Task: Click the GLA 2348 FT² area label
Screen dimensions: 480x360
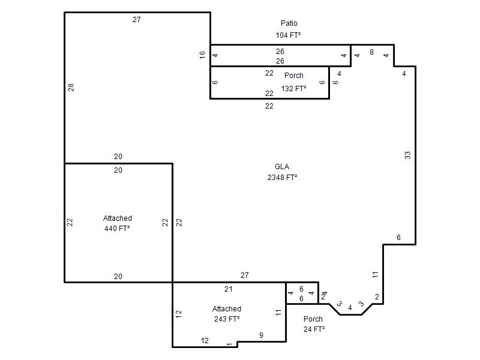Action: click(282, 172)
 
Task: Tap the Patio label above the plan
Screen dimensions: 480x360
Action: click(289, 23)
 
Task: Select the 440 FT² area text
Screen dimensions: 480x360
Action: click(117, 229)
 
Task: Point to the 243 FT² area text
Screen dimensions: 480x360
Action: click(227, 319)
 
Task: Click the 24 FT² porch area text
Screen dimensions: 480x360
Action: click(314, 329)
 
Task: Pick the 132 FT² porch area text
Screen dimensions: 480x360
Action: click(293, 88)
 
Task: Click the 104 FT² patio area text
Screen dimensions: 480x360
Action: click(288, 35)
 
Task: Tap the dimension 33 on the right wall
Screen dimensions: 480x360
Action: click(407, 155)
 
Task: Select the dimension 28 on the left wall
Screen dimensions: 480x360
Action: click(71, 88)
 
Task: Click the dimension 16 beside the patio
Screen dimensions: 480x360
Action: click(202, 55)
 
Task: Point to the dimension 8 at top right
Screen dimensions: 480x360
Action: click(371, 52)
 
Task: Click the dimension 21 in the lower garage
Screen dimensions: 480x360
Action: click(229, 289)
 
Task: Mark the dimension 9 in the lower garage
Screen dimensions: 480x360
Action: click(261, 335)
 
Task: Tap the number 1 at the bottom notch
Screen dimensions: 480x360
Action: click(229, 344)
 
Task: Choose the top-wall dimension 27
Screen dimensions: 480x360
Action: click(137, 20)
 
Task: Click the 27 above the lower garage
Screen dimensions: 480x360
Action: click(245, 275)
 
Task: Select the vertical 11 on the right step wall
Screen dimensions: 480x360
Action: click(376, 275)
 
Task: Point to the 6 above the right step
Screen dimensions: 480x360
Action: click(398, 237)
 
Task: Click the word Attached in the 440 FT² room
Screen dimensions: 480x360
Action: click(118, 218)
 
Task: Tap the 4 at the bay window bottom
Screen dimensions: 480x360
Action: click(350, 308)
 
